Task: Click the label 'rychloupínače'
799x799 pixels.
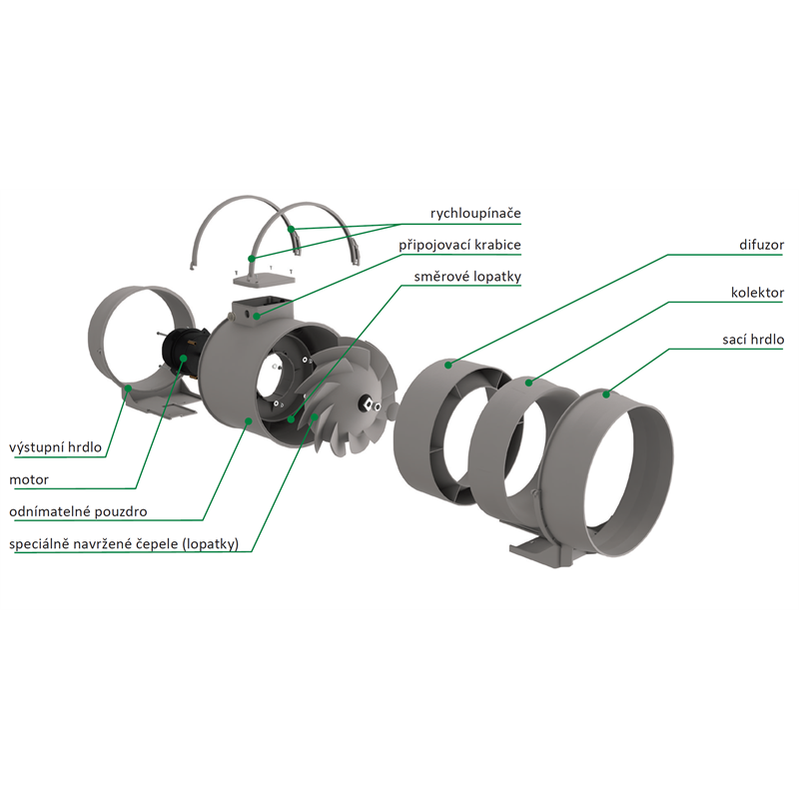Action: [x=475, y=214]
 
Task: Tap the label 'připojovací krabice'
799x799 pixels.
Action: [x=459, y=245]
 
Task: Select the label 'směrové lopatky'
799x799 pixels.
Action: [x=467, y=277]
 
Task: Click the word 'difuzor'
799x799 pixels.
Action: [x=761, y=245]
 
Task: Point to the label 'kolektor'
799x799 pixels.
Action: [x=757, y=293]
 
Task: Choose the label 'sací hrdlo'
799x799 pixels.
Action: [x=753, y=340]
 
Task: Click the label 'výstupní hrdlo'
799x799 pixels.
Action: [x=56, y=447]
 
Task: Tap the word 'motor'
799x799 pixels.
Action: [x=29, y=480]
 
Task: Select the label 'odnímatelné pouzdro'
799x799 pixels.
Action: [x=78, y=511]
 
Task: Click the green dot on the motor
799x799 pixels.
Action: [x=183, y=359]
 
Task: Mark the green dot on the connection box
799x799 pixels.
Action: [x=257, y=316]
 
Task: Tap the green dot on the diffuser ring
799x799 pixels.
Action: [x=447, y=365]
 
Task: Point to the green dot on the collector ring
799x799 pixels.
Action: [x=529, y=383]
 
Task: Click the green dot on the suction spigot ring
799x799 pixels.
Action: [x=606, y=394]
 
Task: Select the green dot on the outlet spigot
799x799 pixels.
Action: [x=129, y=389]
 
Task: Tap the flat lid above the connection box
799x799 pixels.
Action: [x=264, y=279]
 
